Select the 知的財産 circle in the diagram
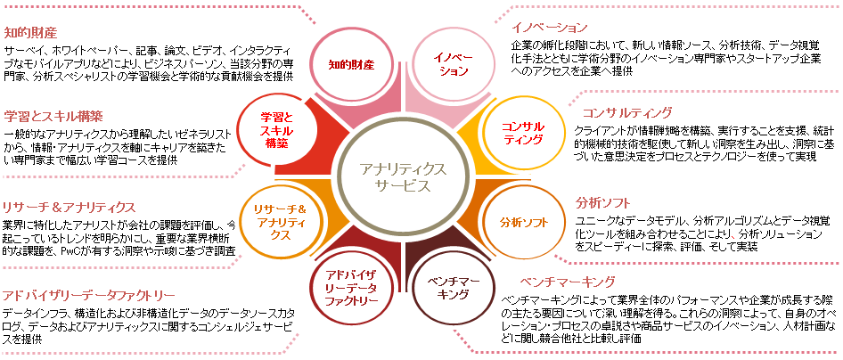(350, 64)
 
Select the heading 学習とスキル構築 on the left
(53, 116)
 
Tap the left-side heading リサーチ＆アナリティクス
(69, 206)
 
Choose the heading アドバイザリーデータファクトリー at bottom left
(88, 294)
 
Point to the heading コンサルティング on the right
(626, 112)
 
